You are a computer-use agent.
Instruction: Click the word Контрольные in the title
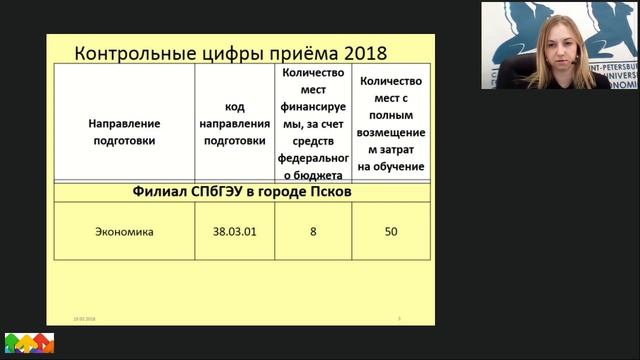(x=128, y=53)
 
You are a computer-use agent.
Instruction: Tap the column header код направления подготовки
(x=235, y=123)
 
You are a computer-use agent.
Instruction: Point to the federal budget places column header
(x=315, y=123)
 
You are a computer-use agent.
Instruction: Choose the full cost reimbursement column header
(x=392, y=123)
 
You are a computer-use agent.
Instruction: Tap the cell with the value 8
(x=313, y=232)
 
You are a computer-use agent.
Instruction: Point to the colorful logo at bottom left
(x=29, y=344)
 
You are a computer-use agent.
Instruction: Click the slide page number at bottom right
(x=400, y=318)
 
